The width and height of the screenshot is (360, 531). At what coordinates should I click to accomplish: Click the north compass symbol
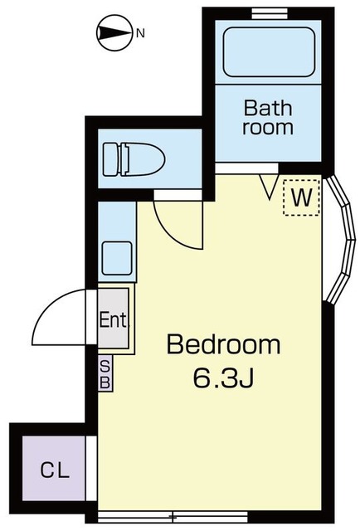coord(114,33)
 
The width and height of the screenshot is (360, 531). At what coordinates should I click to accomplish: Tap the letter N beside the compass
coord(140,33)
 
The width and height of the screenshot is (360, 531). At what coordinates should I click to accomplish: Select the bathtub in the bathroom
coord(269,51)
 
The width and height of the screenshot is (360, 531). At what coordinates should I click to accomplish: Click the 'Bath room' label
coord(268,118)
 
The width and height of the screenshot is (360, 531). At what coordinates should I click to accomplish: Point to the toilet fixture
coord(134,158)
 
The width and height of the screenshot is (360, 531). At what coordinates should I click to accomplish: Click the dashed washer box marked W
coord(301,197)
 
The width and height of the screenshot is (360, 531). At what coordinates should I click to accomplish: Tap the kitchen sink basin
coord(117,258)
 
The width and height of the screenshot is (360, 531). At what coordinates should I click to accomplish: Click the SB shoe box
coord(105,373)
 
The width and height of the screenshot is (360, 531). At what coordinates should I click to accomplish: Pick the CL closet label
coord(55,470)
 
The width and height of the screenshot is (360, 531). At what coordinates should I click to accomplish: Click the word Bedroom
coord(223,344)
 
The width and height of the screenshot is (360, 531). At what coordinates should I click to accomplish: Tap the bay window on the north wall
coord(342,240)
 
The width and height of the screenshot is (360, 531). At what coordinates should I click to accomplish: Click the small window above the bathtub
coord(270,14)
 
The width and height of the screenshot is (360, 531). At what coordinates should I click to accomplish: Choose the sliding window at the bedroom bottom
coord(173,516)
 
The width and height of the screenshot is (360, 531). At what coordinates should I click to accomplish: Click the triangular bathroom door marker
coord(270,187)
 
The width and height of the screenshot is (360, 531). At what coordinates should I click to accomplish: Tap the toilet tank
coord(110,159)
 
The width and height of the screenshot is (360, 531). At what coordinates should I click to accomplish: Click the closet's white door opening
coord(91,468)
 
